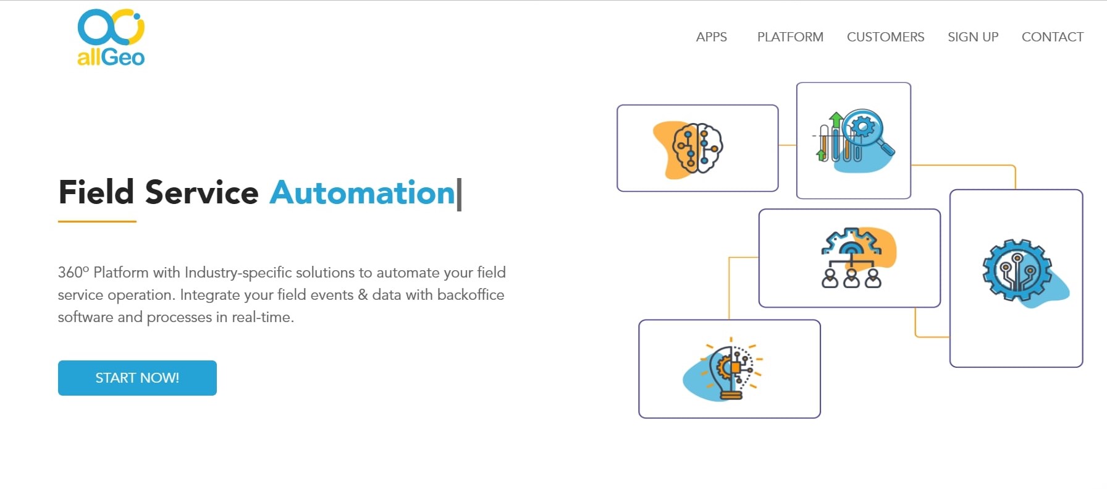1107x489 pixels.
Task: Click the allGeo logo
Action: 111,37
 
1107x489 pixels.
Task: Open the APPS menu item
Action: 711,37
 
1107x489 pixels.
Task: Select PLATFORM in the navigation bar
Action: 790,37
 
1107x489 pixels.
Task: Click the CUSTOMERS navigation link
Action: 885,37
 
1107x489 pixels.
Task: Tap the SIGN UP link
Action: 973,37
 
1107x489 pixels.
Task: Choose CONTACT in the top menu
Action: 1053,37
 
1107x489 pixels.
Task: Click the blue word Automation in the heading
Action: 362,192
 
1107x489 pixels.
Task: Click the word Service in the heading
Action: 201,192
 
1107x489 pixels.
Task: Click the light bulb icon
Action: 725,369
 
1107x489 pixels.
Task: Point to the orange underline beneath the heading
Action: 97,221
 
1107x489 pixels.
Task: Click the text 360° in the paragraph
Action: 74,273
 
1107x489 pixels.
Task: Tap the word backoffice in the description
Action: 471,295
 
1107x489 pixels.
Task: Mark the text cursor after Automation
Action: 459,194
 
